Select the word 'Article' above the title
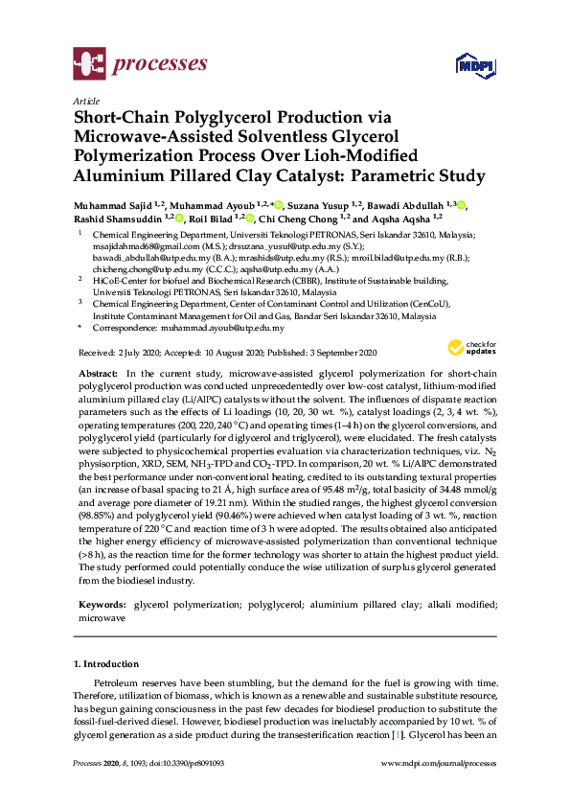[x=86, y=101]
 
